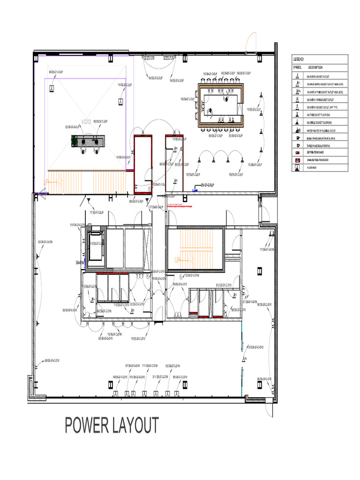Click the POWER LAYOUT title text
(x=112, y=426)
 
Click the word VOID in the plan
(x=86, y=122)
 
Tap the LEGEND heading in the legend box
(x=299, y=60)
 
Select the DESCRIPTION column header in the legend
(x=315, y=68)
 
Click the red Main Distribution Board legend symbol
(x=297, y=160)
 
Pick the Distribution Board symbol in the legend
(x=297, y=153)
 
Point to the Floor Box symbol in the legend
(x=297, y=167)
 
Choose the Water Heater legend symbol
(x=297, y=130)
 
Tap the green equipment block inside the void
(x=75, y=140)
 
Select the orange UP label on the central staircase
(x=178, y=259)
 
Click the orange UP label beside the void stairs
(x=46, y=182)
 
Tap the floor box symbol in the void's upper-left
(x=52, y=89)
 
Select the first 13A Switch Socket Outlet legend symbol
(x=297, y=75)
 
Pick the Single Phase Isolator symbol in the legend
(x=297, y=138)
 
